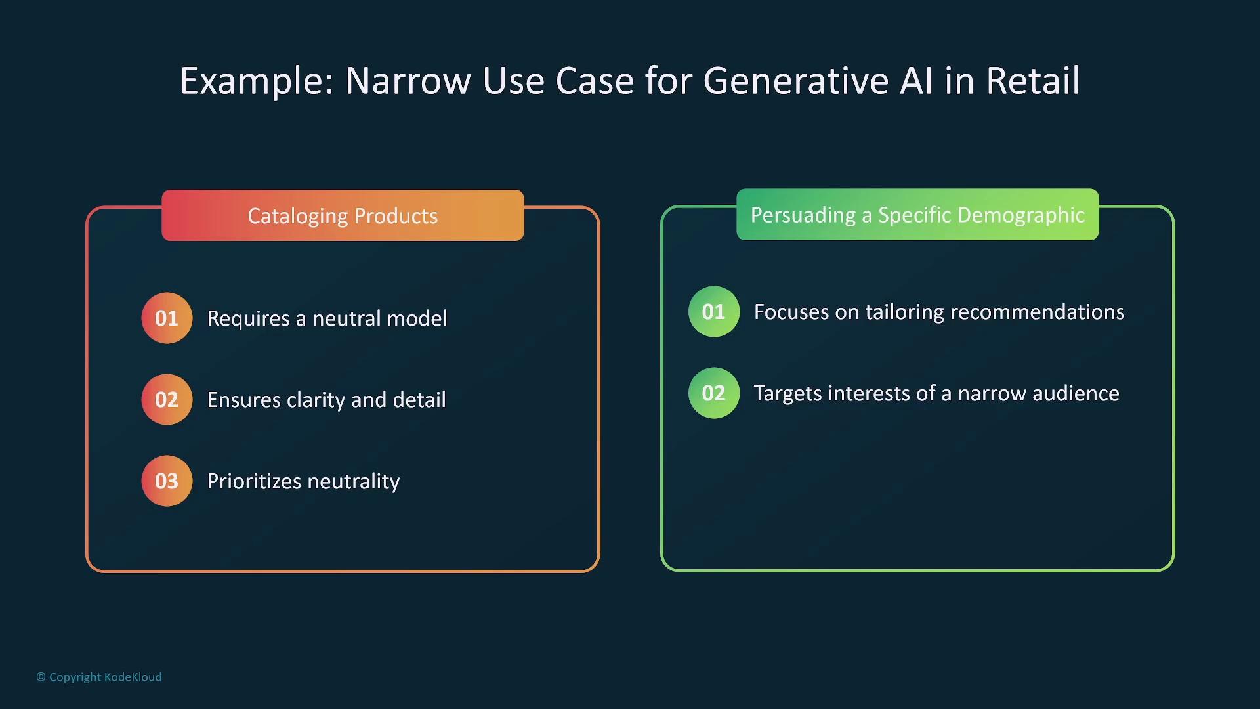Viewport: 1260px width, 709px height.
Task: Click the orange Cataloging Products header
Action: point(343,215)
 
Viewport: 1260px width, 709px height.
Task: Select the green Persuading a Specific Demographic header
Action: point(917,215)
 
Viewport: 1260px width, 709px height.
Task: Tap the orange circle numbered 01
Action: point(167,318)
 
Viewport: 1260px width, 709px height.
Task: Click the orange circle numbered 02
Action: point(167,400)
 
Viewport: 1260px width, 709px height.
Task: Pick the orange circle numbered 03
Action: point(167,481)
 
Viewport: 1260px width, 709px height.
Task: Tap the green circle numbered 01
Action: point(714,312)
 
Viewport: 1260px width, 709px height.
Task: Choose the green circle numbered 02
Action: point(714,393)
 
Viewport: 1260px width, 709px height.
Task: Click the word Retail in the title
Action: point(1033,81)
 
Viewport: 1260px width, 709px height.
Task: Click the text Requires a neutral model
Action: point(327,318)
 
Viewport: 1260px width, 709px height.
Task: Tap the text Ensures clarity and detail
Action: point(326,400)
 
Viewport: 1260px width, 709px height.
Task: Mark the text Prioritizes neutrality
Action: point(303,481)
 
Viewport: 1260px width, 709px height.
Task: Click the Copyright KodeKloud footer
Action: point(99,677)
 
